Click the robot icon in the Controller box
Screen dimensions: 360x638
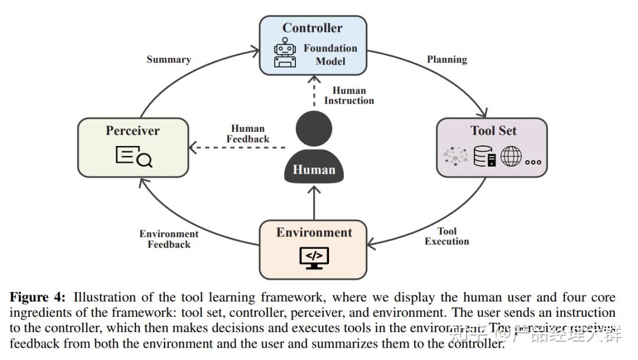[285, 54]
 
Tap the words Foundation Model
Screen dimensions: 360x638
[330, 54]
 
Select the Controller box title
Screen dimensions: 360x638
[313, 28]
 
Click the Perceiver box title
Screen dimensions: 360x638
[133, 131]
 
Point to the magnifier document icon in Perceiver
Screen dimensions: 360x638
[134, 157]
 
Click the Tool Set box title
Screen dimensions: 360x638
[493, 131]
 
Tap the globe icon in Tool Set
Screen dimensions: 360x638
[511, 156]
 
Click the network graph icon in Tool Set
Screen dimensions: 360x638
[456, 156]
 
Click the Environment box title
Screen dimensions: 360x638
[314, 232]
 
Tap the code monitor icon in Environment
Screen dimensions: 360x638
[314, 258]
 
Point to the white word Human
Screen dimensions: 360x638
[314, 170]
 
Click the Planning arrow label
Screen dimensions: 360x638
[447, 60]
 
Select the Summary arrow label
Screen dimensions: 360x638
[169, 60]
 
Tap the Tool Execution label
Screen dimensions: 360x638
[447, 236]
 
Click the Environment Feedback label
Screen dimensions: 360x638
[169, 239]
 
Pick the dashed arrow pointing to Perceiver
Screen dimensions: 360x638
[236, 148]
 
